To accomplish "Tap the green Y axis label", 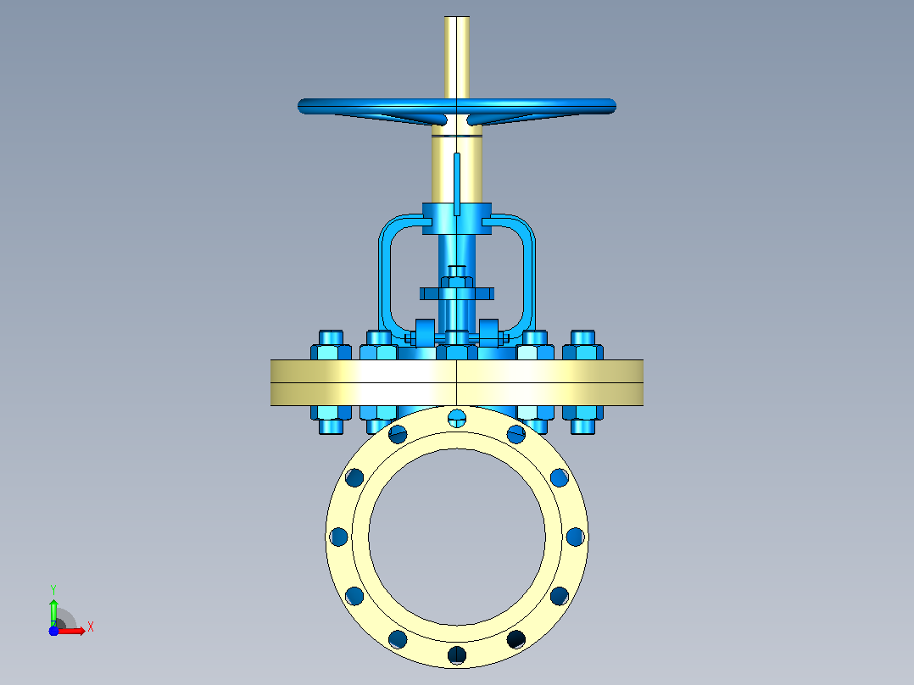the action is [x=53, y=589].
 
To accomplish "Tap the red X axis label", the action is [x=91, y=627].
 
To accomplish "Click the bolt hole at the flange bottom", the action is [x=457, y=654].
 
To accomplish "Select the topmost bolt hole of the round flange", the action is [x=457, y=417].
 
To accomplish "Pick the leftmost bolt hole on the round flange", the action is [x=338, y=537].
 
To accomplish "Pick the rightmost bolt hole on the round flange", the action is [x=576, y=537].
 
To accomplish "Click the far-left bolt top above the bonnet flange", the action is [x=331, y=345].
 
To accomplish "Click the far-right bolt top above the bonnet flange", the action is [x=583, y=345].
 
